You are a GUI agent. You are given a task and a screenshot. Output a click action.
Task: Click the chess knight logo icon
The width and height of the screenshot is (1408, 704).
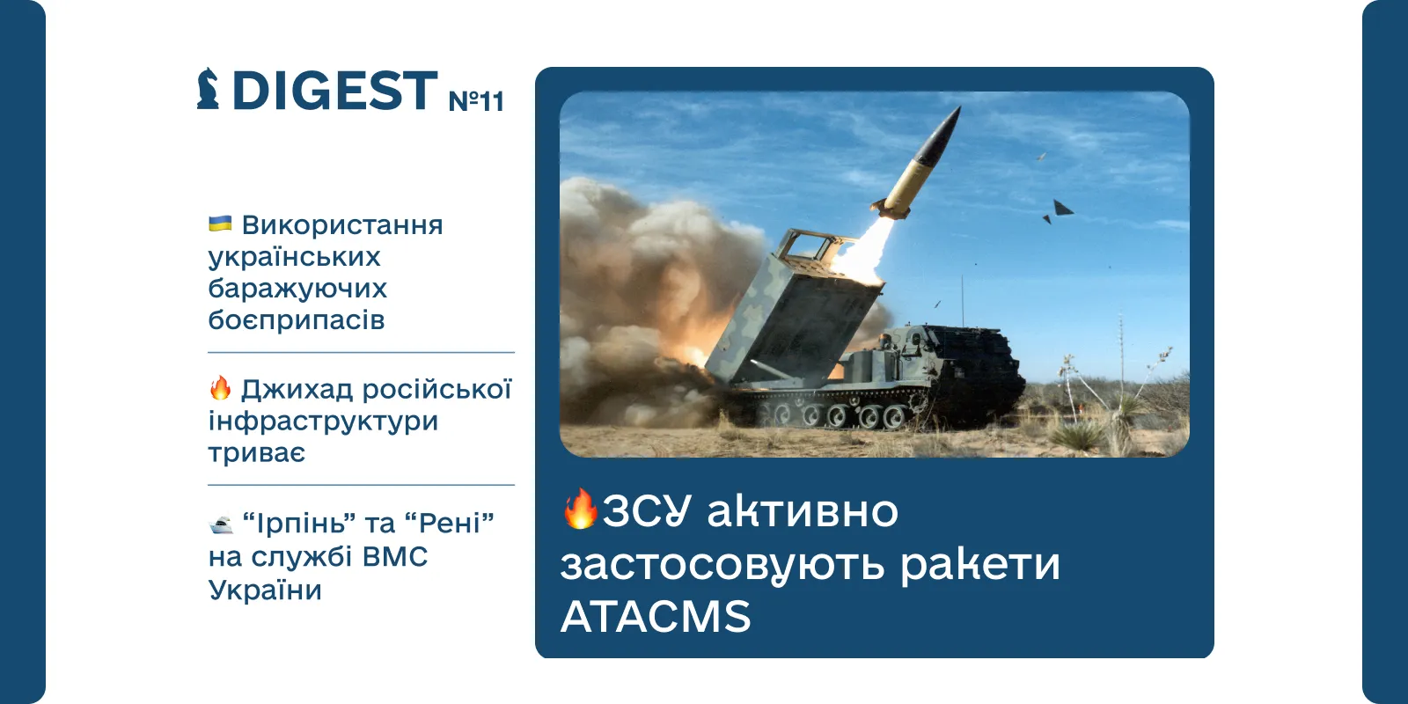[208, 89]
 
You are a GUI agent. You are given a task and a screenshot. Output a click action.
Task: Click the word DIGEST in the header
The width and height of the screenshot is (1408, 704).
[335, 91]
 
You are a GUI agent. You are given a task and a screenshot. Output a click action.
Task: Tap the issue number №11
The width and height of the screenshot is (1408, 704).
[476, 100]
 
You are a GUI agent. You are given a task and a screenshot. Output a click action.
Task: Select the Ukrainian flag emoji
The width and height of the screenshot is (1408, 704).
[220, 224]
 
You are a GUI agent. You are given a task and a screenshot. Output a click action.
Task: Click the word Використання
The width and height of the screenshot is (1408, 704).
[342, 224]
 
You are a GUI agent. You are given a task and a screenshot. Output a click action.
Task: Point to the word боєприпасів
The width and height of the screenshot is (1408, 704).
[296, 320]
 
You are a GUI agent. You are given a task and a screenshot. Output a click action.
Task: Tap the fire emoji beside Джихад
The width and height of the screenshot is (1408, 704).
[220, 388]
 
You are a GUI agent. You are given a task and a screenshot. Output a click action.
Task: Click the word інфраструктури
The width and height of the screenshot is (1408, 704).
[323, 421]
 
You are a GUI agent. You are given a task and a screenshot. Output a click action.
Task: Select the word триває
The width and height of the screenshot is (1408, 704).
[256, 452]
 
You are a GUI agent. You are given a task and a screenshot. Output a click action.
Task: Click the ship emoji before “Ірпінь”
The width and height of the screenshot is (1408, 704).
[221, 524]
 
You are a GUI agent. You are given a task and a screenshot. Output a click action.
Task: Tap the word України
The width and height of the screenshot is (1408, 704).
[265, 590]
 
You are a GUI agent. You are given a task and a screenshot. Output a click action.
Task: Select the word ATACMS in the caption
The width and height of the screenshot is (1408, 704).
[656, 616]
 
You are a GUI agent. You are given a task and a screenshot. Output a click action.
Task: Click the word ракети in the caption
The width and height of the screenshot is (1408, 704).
[980, 564]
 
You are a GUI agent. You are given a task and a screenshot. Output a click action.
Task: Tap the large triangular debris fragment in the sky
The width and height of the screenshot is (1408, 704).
[1062, 208]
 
